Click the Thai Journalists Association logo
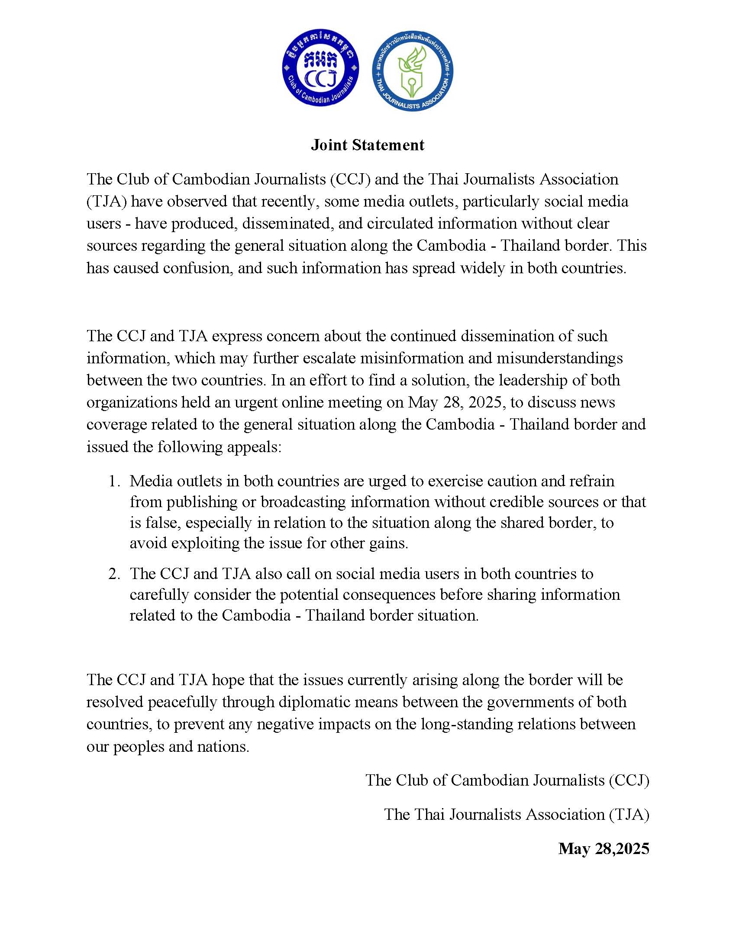click(412, 71)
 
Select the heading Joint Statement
click(368, 145)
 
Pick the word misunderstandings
click(559, 358)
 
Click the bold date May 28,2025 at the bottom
click(604, 848)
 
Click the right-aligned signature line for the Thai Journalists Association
click(516, 814)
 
